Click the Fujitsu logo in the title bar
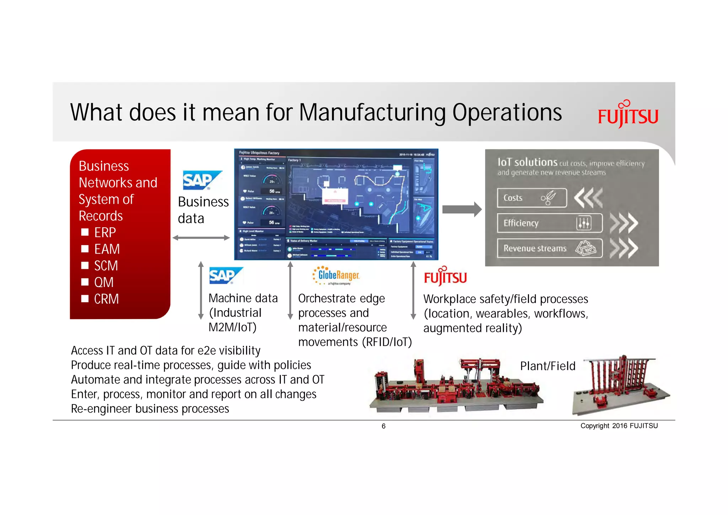pos(628,115)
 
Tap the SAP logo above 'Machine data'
pos(225,276)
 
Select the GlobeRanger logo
pos(336,276)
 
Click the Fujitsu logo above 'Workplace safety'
pos(445,277)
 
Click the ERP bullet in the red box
pos(105,233)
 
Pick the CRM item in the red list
pos(106,299)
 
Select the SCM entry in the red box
pos(106,266)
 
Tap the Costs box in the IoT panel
pos(531,198)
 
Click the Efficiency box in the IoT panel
pos(549,223)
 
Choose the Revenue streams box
pos(549,248)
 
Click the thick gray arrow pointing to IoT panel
pos(461,209)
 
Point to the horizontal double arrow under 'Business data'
pos(201,238)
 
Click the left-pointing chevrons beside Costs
pos(588,198)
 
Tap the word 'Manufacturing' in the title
pos(372,113)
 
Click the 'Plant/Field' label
pos(547,366)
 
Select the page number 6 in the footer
pos(383,426)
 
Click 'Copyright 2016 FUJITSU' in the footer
pos(619,426)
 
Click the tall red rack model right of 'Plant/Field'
pos(620,384)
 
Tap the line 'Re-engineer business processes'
pos(150,409)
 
